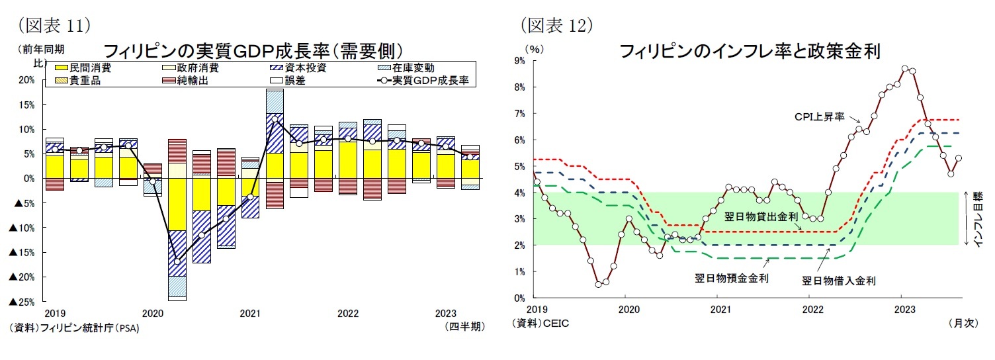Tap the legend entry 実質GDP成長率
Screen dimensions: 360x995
[x=430, y=81]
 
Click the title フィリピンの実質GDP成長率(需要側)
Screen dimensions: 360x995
[x=253, y=51]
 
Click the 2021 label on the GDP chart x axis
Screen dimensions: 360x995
[x=249, y=314]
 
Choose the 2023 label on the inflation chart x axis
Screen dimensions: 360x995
[x=904, y=309]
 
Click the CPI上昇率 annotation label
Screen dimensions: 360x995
[x=819, y=116]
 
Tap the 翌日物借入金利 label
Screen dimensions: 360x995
[x=839, y=281]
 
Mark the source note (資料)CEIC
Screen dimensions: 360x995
[x=540, y=324]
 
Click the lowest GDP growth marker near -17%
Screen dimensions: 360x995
[x=177, y=261]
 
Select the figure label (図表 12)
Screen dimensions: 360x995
[x=556, y=24]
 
